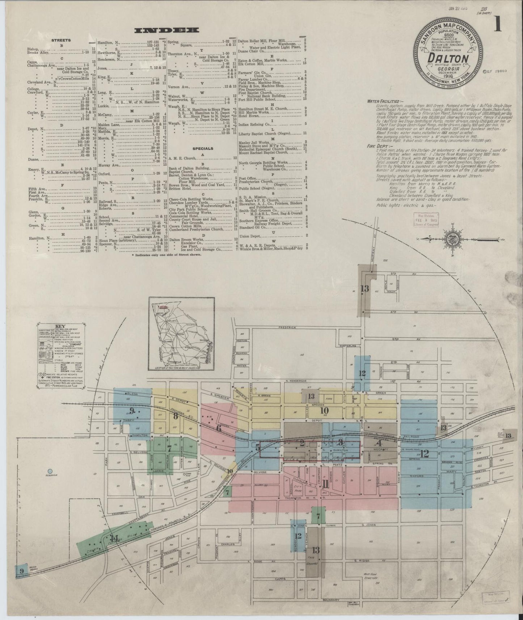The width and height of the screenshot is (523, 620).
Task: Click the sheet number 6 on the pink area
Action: pos(219,429)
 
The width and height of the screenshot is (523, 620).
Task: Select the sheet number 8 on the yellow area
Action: pos(176,416)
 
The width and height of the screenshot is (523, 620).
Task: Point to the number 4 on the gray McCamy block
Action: pos(379,443)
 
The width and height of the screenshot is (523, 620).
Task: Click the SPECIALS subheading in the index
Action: pos(203,148)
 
